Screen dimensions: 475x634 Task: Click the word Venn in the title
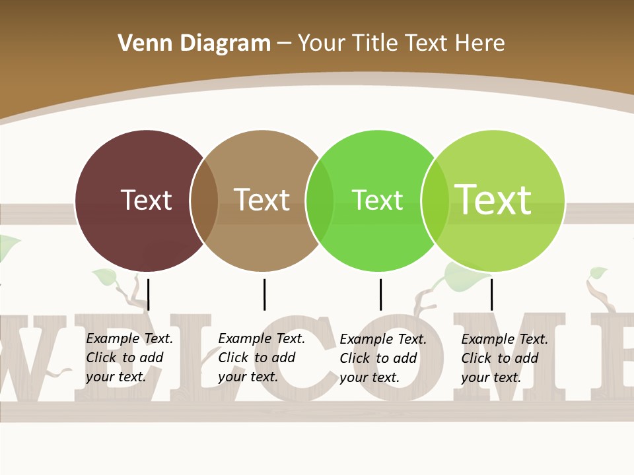click(x=141, y=44)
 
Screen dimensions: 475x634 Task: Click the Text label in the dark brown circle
click(x=146, y=200)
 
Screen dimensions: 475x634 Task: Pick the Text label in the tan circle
click(x=262, y=200)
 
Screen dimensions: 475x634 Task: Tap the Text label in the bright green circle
click(x=377, y=200)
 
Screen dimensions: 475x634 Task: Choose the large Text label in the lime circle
click(x=493, y=200)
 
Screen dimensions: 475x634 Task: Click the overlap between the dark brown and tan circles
click(x=204, y=201)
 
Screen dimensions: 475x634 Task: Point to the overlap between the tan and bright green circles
click(x=320, y=201)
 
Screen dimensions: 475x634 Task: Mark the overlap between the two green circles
click(x=435, y=201)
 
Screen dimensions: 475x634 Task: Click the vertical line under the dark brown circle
click(x=149, y=294)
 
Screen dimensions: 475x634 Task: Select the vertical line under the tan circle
click(x=264, y=294)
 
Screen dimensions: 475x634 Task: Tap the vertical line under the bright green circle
click(x=380, y=294)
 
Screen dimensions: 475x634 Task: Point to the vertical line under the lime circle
click(x=491, y=294)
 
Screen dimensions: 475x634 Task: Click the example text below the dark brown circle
click(x=129, y=358)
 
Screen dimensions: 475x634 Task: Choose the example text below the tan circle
click(x=262, y=358)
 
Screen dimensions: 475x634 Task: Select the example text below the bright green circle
click(x=383, y=358)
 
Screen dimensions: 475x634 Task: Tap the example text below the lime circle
click(x=505, y=358)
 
